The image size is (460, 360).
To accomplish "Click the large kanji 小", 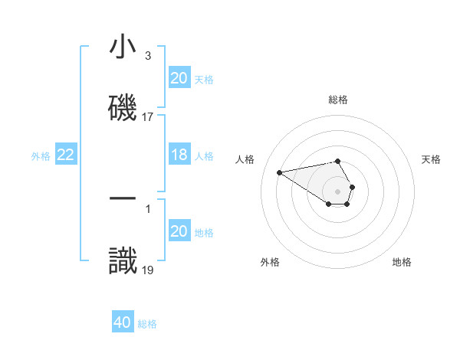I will click(123, 47).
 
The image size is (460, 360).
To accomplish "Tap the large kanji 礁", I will click(123, 106).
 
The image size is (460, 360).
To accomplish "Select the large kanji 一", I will click(123, 198).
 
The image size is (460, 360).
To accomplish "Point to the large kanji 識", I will click(123, 258).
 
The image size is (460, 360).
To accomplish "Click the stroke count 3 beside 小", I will click(148, 56).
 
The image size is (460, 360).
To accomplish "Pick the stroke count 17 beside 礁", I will click(148, 116).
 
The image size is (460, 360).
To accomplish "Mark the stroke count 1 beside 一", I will click(148, 208).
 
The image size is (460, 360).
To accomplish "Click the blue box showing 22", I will click(65, 155).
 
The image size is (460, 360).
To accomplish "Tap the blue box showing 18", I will click(179, 155).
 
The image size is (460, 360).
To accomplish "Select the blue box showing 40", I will click(123, 322).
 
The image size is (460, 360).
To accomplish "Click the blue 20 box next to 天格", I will click(179, 78).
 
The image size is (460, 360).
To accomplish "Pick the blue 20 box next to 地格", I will click(179, 231).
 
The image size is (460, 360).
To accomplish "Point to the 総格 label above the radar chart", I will click(338, 100).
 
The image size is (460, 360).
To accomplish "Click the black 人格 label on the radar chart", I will click(245, 159).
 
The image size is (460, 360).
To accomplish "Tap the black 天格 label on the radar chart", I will click(431, 159).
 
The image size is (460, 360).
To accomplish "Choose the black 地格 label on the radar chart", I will click(402, 262).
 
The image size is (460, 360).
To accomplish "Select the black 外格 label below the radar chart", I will click(270, 262).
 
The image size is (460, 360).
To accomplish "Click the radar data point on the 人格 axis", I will click(280, 172).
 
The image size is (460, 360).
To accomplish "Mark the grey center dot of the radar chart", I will click(338, 191).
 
